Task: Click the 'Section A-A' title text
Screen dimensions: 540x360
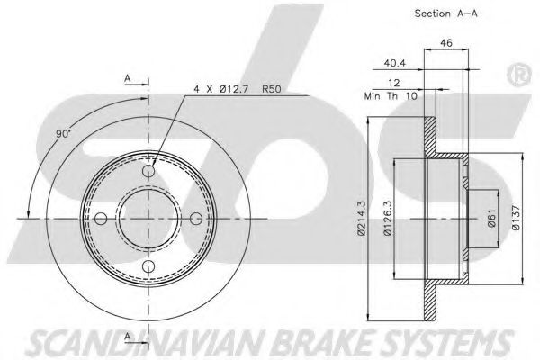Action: click(x=446, y=13)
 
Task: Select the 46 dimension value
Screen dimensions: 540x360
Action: click(x=446, y=43)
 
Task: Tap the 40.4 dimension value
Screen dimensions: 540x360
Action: click(x=395, y=63)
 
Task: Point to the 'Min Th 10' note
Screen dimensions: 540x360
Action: click(x=391, y=96)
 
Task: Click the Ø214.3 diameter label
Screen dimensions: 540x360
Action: click(x=361, y=218)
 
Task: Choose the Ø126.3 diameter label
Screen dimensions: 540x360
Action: click(x=387, y=218)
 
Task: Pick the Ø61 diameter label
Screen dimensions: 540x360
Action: click(x=491, y=218)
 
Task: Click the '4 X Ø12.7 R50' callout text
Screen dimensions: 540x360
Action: click(x=238, y=89)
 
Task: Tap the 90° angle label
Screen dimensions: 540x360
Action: click(x=63, y=134)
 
